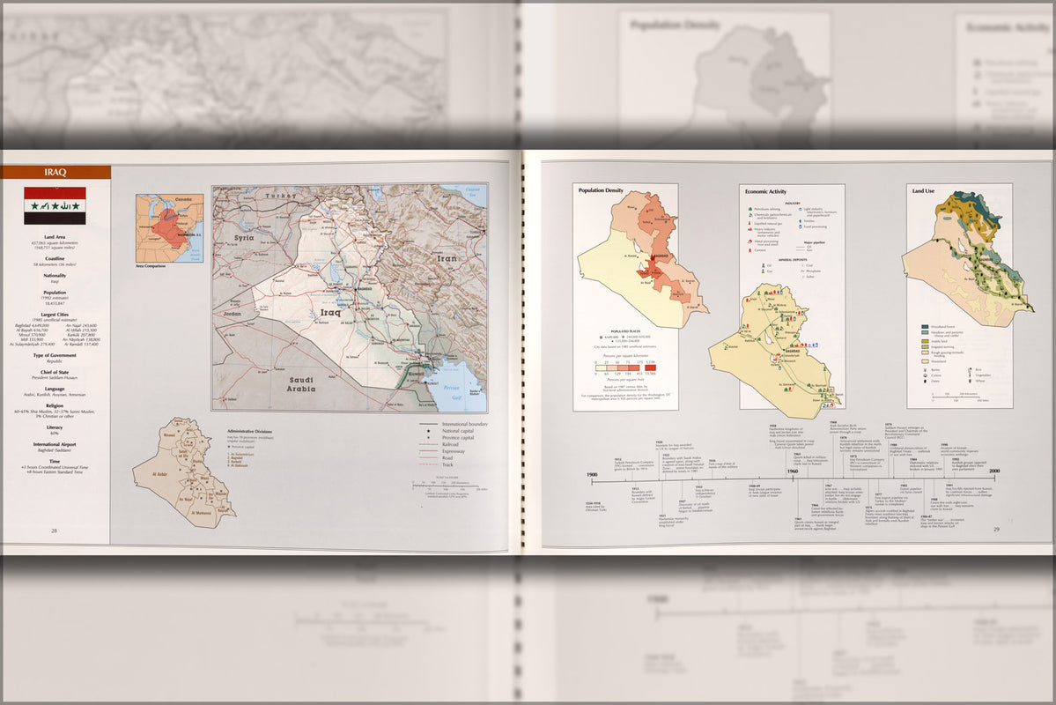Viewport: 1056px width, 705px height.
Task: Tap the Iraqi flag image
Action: (55, 205)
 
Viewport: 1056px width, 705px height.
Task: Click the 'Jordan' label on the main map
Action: (233, 314)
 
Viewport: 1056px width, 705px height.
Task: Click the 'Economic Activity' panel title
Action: (765, 190)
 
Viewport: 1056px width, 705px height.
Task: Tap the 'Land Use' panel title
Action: (923, 190)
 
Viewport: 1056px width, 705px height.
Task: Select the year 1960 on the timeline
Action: (792, 472)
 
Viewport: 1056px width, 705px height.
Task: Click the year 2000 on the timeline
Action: (993, 472)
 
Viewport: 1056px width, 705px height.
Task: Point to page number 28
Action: (54, 531)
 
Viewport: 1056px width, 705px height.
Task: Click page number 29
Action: (996, 530)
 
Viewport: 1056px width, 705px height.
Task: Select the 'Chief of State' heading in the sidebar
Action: (54, 373)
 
